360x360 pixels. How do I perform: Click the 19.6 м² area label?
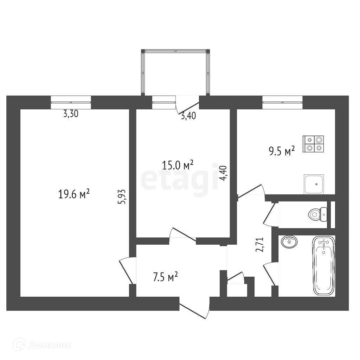pyautogui.click(x=74, y=194)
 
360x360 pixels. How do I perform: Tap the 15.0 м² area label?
pyautogui.click(x=178, y=165)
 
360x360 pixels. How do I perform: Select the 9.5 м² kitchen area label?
pyautogui.click(x=282, y=151)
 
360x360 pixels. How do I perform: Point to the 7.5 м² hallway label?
pyautogui.click(x=165, y=277)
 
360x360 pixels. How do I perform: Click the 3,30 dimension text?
pyautogui.click(x=71, y=114)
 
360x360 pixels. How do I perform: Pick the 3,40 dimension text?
pyautogui.click(x=188, y=116)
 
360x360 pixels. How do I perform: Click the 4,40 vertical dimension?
pyautogui.click(x=223, y=173)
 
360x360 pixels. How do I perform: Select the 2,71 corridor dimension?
pyautogui.click(x=260, y=245)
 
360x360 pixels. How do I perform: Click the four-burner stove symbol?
pyautogui.click(x=313, y=144)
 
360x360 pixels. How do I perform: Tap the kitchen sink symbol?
pyautogui.click(x=314, y=184)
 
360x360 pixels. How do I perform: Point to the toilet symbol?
pyautogui.click(x=317, y=214)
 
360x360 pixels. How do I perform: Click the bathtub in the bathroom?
pyautogui.click(x=324, y=266)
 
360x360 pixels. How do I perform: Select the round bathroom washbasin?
pyautogui.click(x=289, y=242)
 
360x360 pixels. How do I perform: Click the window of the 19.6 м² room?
pyautogui.click(x=71, y=102)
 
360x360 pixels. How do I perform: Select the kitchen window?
pyautogui.click(x=282, y=102)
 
